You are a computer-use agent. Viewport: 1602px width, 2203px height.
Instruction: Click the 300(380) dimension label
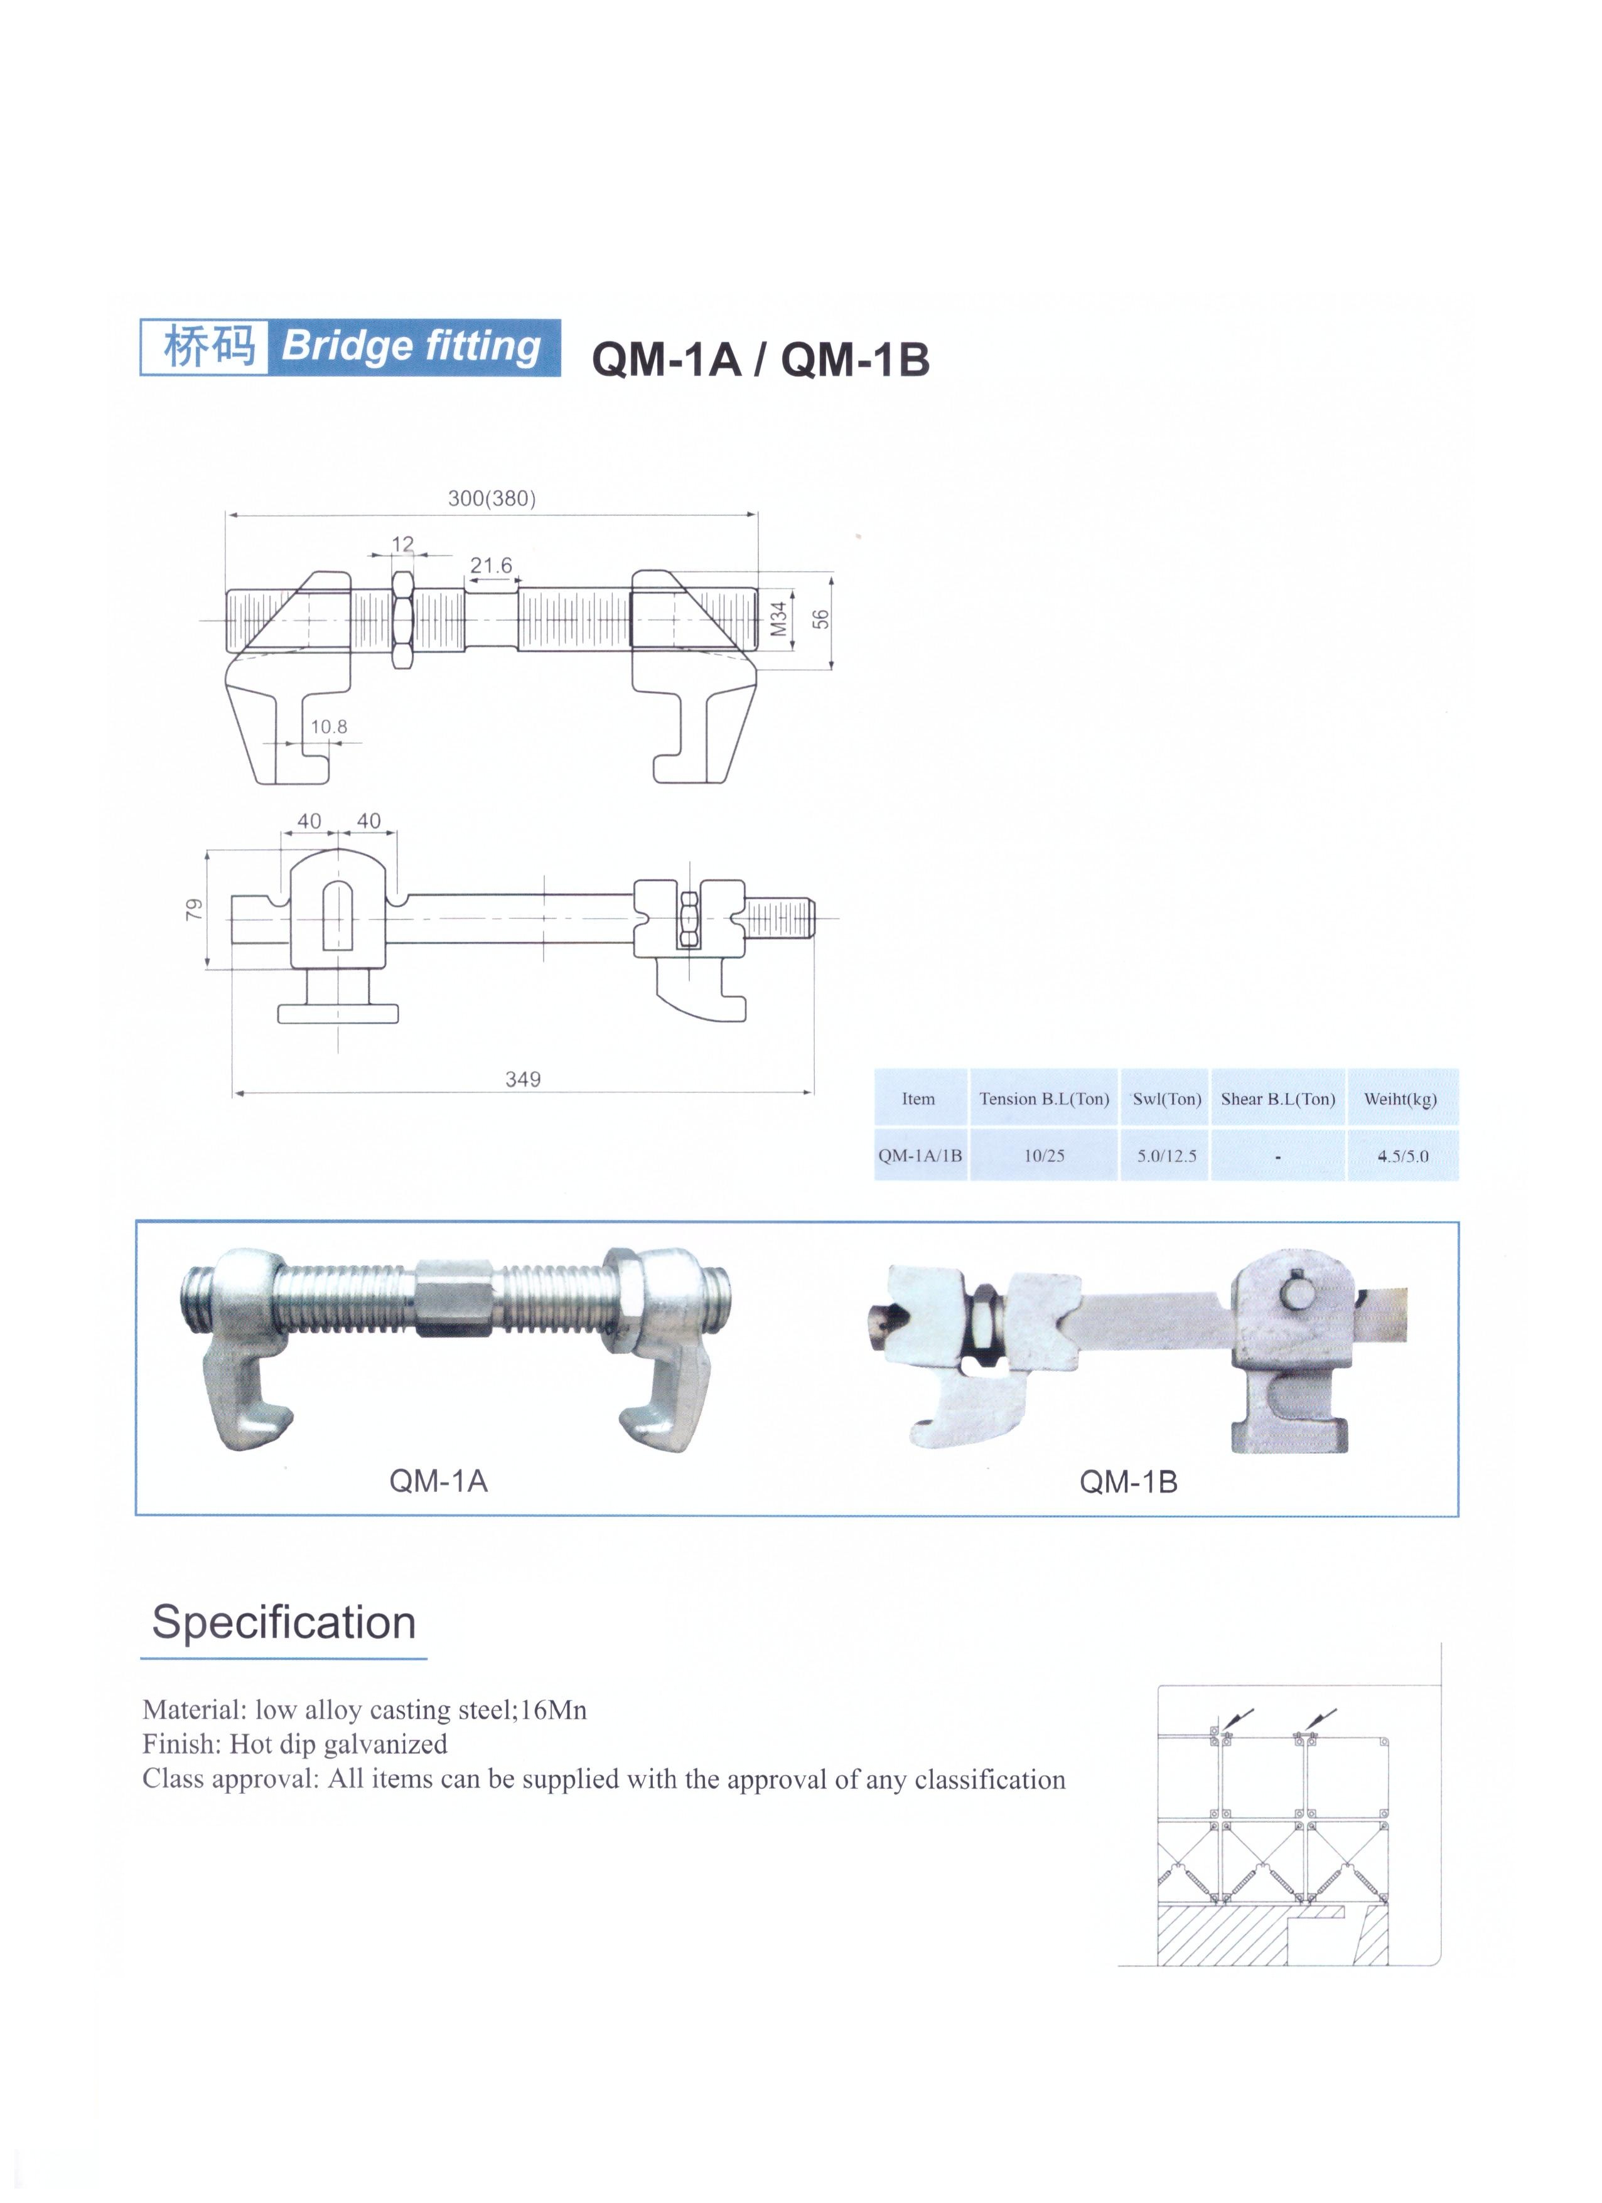[492, 498]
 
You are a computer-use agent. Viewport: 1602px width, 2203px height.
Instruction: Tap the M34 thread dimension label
[777, 619]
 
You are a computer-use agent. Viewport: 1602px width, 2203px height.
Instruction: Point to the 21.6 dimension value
[491, 565]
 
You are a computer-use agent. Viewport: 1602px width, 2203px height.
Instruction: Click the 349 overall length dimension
[523, 1079]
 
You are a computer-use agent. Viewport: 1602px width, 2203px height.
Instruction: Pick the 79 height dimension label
[195, 909]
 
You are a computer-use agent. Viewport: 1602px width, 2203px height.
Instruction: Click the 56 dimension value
[822, 619]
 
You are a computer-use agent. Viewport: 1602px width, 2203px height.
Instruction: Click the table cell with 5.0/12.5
[1167, 1156]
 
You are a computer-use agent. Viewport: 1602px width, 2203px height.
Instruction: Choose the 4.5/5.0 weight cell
[1402, 1156]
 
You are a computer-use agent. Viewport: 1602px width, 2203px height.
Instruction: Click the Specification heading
[284, 1622]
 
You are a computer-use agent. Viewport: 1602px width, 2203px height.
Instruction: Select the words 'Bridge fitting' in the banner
[411, 346]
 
